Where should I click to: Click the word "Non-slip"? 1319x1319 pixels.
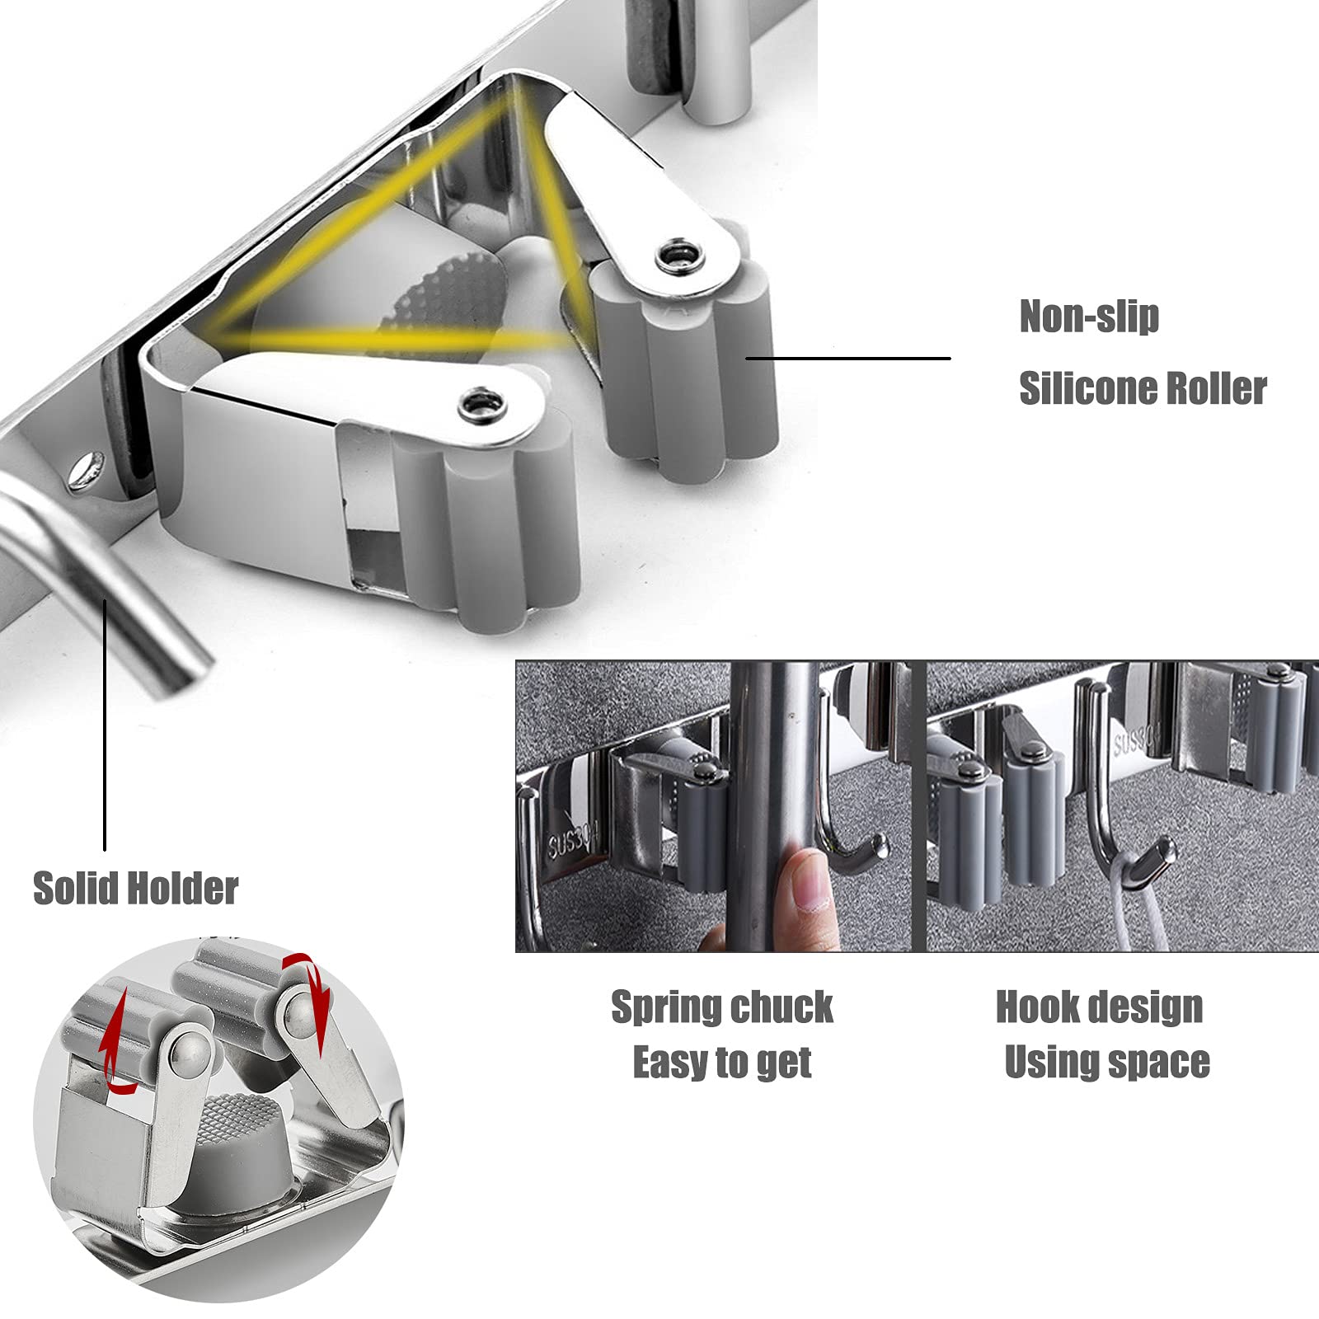pos(1089,316)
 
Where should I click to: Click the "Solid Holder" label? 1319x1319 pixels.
pos(135,888)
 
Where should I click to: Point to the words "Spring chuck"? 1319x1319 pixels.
pos(722,1007)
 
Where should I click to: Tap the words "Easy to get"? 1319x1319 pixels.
pos(722,1063)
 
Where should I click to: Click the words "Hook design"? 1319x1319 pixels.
pos(1100,1007)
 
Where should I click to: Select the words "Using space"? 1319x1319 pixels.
pos(1107,1063)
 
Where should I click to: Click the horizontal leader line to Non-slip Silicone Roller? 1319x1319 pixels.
pos(848,358)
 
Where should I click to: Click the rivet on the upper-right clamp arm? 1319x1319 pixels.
pos(681,256)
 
